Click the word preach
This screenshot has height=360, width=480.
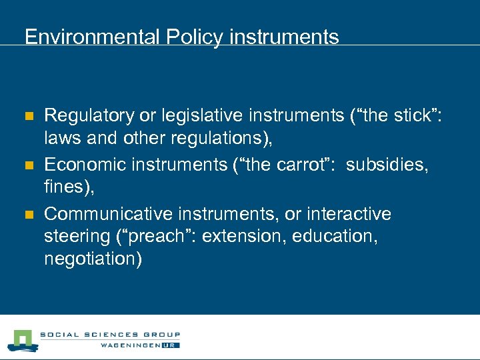point(165,236)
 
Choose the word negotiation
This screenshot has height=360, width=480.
point(91,258)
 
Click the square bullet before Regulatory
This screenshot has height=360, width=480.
point(29,117)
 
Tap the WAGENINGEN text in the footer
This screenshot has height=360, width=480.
point(129,345)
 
